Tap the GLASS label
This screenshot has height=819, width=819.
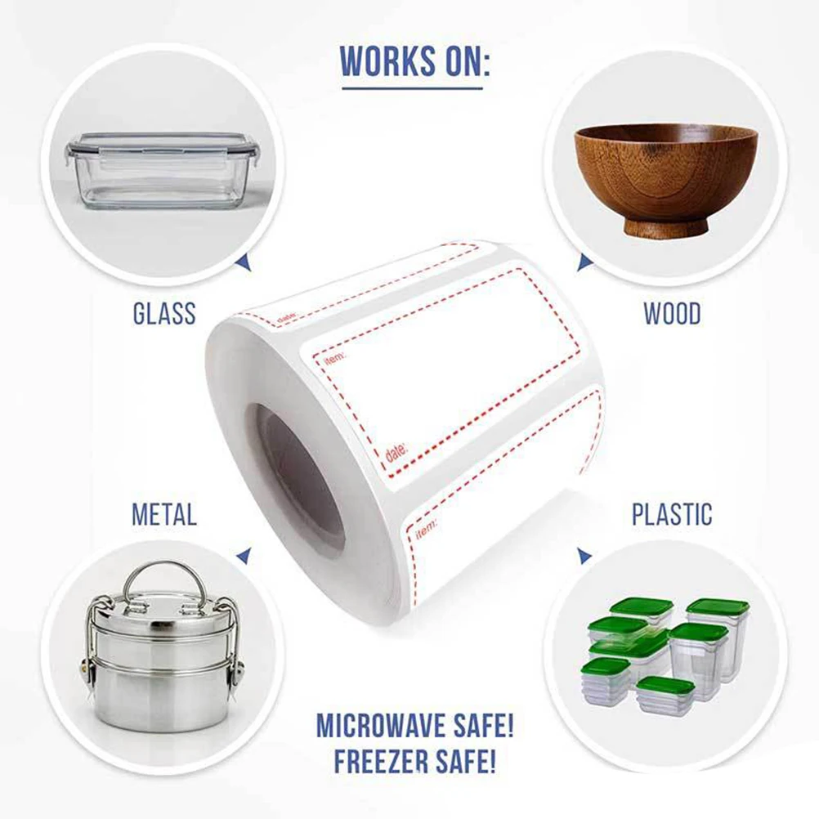pyautogui.click(x=164, y=313)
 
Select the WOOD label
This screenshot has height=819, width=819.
pyautogui.click(x=672, y=313)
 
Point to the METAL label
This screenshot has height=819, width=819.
pyautogui.click(x=164, y=514)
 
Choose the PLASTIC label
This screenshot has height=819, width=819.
pyautogui.click(x=672, y=514)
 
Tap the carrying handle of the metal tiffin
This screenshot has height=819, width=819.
pyautogui.click(x=164, y=584)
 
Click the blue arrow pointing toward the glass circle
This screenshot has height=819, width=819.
pyautogui.click(x=244, y=262)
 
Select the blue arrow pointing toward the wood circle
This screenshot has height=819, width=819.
pyautogui.click(x=584, y=262)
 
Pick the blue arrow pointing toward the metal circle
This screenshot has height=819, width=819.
pyautogui.click(x=244, y=555)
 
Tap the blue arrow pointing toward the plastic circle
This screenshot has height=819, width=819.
pyautogui.click(x=584, y=555)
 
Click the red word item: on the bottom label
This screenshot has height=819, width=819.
pyautogui.click(x=426, y=529)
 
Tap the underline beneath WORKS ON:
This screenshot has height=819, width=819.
pyautogui.click(x=412, y=88)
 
